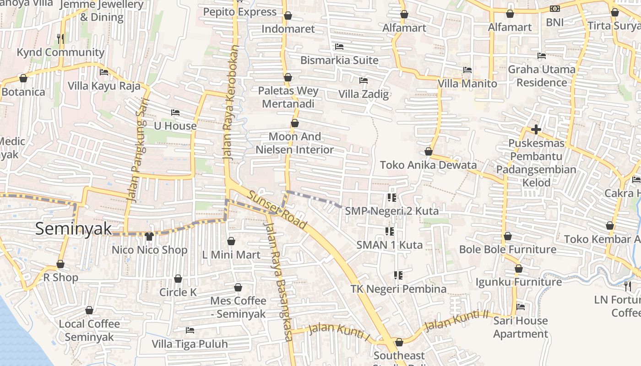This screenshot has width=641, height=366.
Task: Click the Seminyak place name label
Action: [73, 228]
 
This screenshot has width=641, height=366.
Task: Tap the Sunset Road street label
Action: [277, 210]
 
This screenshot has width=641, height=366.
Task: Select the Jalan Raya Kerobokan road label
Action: [231, 102]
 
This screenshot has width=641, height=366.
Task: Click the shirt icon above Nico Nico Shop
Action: [149, 237]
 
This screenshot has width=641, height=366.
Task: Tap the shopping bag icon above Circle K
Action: [178, 279]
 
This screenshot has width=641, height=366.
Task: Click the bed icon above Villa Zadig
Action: [364, 81]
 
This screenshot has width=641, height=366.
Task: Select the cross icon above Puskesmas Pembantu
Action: [536, 129]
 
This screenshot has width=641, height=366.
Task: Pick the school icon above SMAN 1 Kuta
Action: [390, 231]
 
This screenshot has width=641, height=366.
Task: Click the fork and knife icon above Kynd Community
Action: [60, 39]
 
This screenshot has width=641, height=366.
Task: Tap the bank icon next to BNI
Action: [554, 9]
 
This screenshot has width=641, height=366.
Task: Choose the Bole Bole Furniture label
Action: [508, 249]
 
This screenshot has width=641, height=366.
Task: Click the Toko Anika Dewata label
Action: [428, 165]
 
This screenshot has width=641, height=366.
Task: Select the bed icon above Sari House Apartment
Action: [521, 307]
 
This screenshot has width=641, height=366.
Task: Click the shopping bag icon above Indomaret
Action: [288, 16]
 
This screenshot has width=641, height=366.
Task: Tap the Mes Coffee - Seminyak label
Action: [238, 307]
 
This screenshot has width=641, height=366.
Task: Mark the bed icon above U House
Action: [175, 113]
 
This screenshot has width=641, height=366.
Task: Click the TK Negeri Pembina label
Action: [398, 289]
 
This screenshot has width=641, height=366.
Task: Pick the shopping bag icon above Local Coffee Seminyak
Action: [89, 310]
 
